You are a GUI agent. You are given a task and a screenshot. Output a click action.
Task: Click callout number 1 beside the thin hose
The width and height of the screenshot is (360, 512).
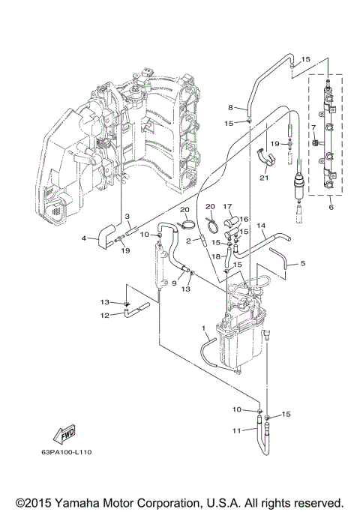[x=203, y=328]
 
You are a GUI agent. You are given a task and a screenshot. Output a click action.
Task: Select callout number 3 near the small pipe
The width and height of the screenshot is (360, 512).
[x=128, y=217]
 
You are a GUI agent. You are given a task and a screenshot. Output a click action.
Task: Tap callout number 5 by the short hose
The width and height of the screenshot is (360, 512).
[x=303, y=263]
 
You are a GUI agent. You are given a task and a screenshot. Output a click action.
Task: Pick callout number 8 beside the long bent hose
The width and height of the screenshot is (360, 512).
[x=232, y=107]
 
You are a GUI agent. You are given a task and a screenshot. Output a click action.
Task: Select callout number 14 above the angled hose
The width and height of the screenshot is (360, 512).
[x=261, y=225]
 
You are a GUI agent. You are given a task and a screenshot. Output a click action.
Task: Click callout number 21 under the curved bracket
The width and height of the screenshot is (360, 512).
[x=263, y=177]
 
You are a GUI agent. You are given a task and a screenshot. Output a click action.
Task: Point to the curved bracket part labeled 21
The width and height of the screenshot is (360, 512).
[x=263, y=157]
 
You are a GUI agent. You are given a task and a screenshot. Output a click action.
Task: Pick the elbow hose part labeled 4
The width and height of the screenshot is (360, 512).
[x=104, y=235]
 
